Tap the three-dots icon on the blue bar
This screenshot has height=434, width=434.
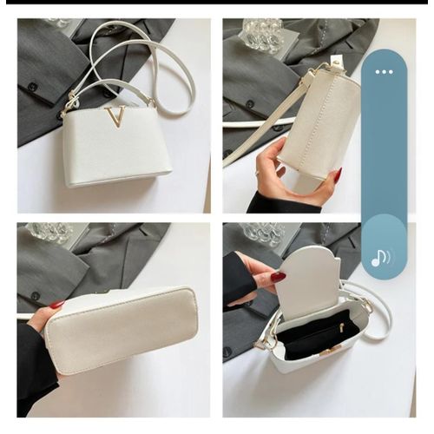coord(384,72)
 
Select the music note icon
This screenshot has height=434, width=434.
coord(380,258)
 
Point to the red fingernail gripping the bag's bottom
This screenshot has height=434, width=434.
coord(56,305)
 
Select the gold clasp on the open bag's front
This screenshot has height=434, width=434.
coord(330,351)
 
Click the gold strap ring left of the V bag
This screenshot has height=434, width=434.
coord(64,110)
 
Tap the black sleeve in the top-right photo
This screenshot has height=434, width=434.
coord(269,203)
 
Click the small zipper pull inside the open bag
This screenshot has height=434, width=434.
coord(340,327)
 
